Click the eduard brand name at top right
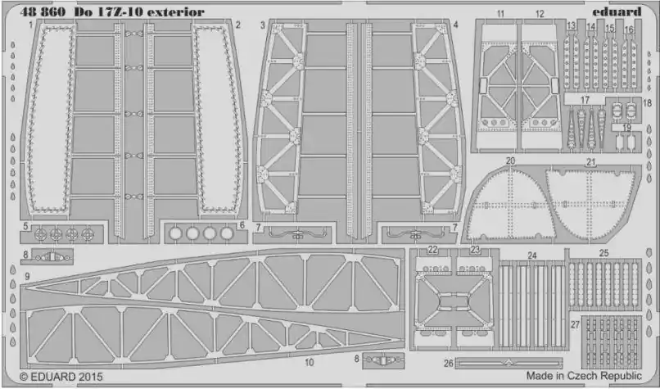pos(617,11)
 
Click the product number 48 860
pos(43,11)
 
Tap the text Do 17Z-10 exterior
pos(139,11)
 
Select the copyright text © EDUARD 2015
pos(61,376)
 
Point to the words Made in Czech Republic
pos(584,376)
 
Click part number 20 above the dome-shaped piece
pos(510,161)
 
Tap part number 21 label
pos(591,162)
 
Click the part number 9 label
pos(27,277)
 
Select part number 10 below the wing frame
pos(310,362)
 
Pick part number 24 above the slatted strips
pos(532,256)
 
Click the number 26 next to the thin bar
pos(449,363)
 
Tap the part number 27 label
pos(575,324)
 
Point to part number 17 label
pos(585,100)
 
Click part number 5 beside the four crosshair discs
pos(25,227)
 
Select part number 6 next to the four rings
pos(242,225)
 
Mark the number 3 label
pos(263,25)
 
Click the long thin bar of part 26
pos(509,363)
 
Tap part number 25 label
pos(604,253)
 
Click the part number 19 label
pos(626,128)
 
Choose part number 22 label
pos(432,250)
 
